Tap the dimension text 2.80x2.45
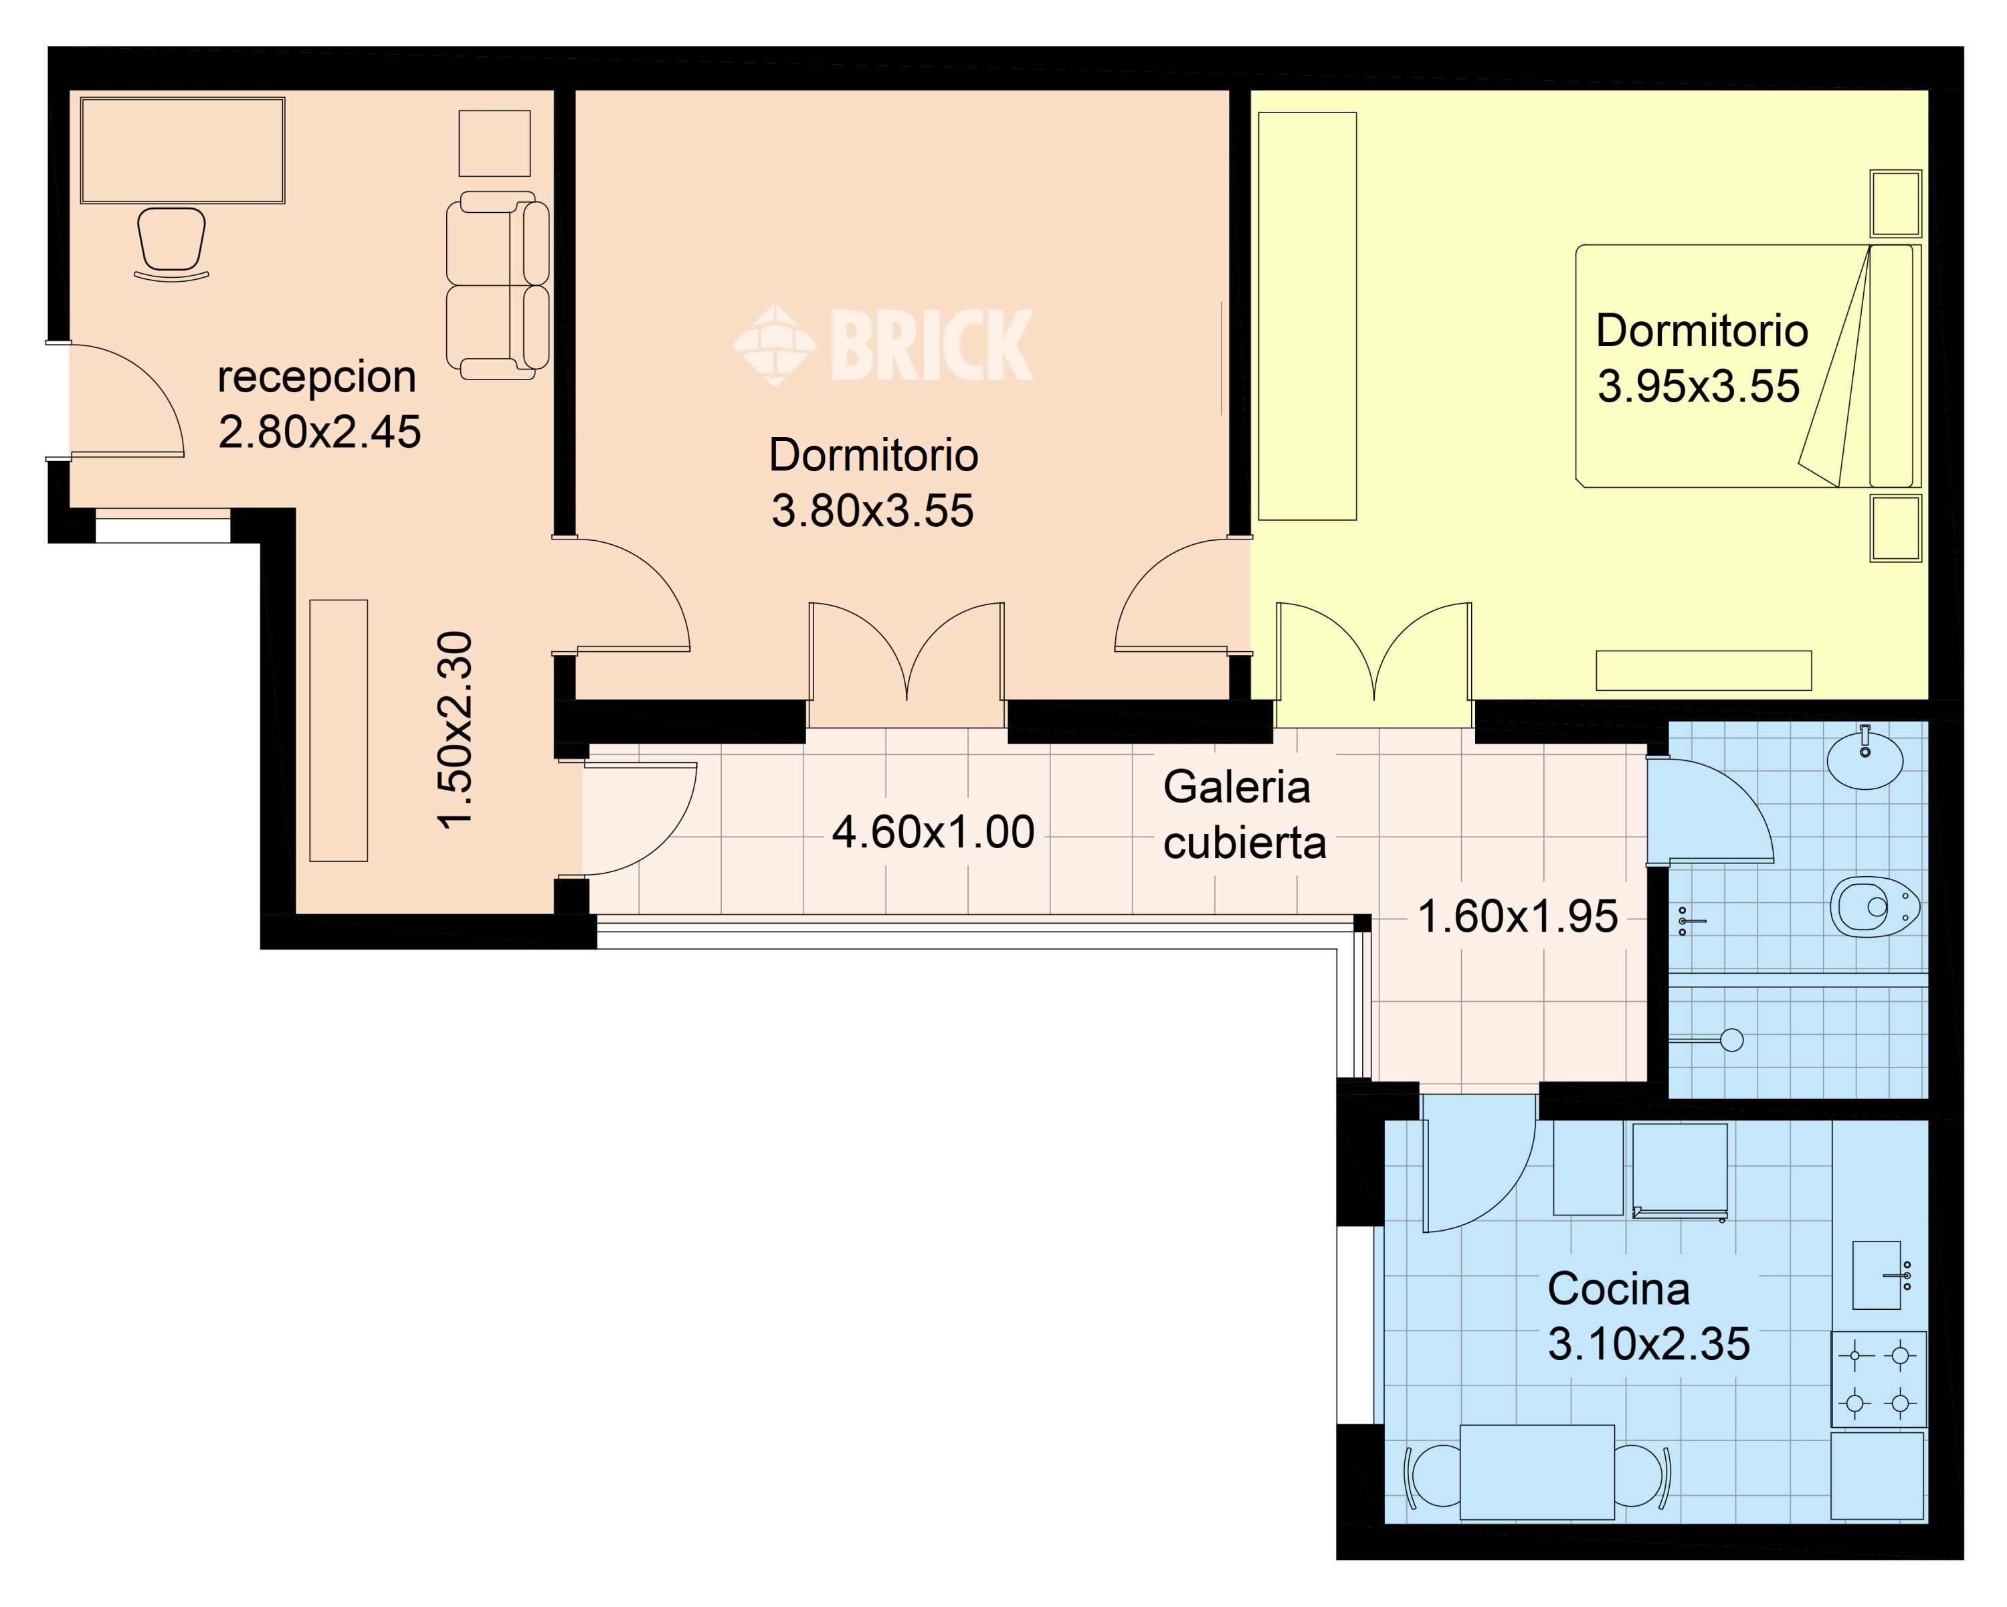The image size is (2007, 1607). (319, 432)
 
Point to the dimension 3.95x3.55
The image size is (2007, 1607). (1699, 386)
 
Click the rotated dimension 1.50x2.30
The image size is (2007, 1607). (456, 730)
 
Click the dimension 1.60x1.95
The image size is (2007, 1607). (1517, 917)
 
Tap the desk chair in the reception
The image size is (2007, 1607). (171, 244)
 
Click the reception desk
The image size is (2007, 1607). (183, 150)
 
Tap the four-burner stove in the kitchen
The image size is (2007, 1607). (1879, 1379)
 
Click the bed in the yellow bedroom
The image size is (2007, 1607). (1745, 366)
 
